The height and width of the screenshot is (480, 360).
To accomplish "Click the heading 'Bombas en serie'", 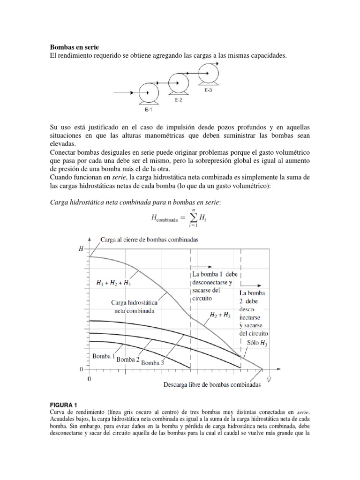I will tap(75, 47).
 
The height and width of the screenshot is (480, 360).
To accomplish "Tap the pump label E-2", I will tap(178, 100).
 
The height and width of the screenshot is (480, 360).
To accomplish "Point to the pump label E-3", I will tap(208, 90).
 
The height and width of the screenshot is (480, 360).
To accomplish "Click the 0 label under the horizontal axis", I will tap(89, 378).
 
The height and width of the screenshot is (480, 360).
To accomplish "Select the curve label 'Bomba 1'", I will tap(104, 356).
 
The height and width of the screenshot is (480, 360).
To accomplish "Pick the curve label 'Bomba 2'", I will tap(127, 360).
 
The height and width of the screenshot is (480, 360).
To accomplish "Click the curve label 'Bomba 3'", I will tap(152, 362).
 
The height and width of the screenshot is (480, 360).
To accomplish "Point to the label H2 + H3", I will tap(219, 316).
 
